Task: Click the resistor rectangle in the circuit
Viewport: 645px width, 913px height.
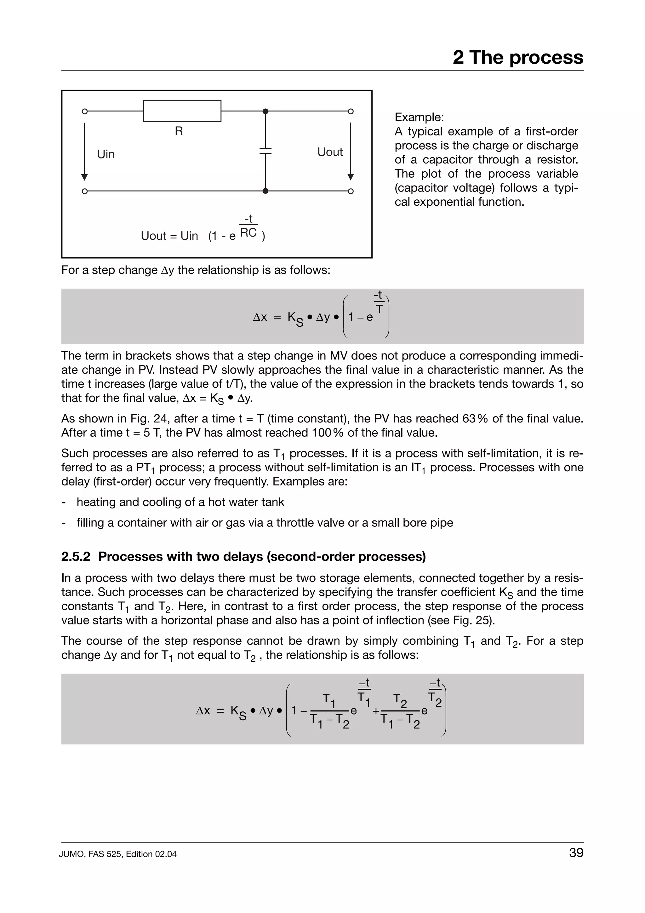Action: click(x=182, y=111)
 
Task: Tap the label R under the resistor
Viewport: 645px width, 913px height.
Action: click(x=179, y=131)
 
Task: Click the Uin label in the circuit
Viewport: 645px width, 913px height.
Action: click(x=106, y=154)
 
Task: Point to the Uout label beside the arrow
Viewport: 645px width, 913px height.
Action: click(x=330, y=152)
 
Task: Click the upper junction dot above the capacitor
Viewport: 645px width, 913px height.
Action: click(x=265, y=111)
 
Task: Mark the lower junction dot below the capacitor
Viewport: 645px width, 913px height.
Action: click(x=265, y=191)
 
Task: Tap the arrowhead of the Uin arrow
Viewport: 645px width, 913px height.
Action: click(x=84, y=177)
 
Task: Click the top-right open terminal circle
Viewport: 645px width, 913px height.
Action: click(x=351, y=111)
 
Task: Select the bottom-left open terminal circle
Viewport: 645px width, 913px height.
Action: click(x=84, y=191)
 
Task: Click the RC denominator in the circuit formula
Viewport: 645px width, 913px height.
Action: click(x=248, y=233)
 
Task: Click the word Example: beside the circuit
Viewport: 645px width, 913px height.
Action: click(x=419, y=117)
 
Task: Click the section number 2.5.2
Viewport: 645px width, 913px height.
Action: click(x=76, y=556)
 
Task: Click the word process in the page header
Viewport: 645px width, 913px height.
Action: click(x=546, y=57)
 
